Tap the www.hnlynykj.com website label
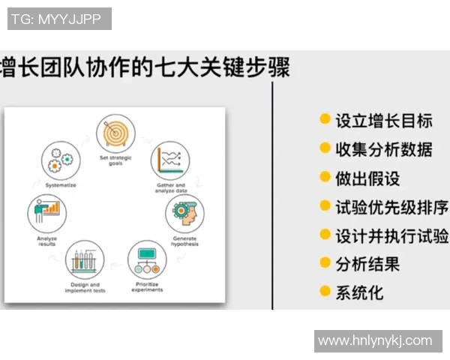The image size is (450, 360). click(x=375, y=341)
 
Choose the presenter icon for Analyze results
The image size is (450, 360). click(x=46, y=213)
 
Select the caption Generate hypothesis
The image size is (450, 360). click(x=184, y=241)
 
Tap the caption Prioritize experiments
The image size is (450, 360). click(x=147, y=286)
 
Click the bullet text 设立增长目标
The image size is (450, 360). click(x=383, y=120)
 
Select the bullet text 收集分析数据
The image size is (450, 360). click(x=383, y=148)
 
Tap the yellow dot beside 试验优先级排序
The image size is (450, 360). click(x=325, y=205)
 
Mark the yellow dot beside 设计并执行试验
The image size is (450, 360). click(x=325, y=234)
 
